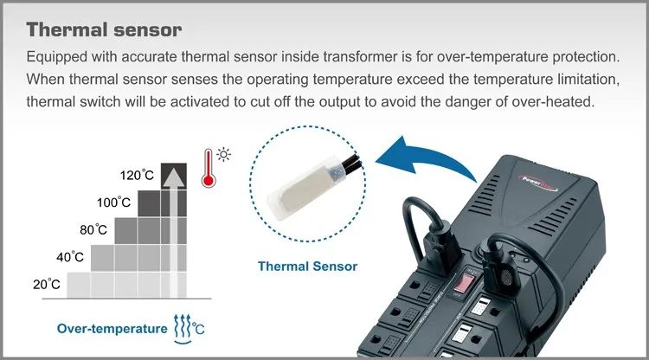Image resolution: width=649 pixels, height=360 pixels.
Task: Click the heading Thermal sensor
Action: coord(104,30)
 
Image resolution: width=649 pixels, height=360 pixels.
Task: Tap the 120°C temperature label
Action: coord(137,176)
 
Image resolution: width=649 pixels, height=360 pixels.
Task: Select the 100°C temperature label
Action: coord(113,202)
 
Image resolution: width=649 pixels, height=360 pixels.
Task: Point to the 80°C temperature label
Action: coord(93,229)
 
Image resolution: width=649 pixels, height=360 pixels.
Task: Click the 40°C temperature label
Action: coord(71,257)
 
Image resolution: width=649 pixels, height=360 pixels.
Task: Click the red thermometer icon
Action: coord(207,168)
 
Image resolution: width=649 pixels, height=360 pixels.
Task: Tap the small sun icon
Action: coord(225,155)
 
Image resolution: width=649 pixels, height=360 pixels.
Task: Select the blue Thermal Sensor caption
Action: coord(307,266)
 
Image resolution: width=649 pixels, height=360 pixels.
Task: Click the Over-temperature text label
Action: coord(112,328)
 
